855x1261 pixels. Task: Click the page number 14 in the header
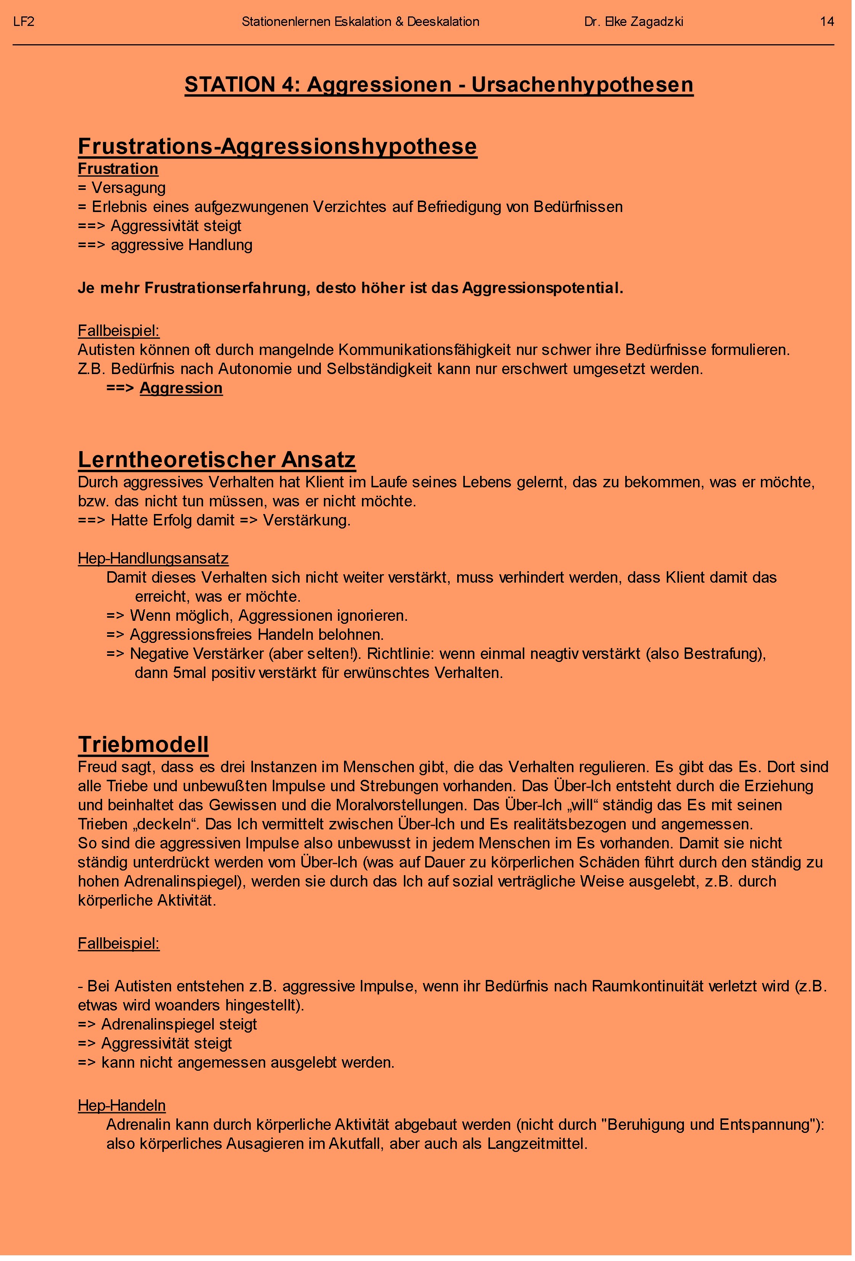tap(826, 22)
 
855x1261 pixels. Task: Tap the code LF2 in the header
tap(24, 22)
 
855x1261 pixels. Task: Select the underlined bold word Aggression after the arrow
tap(181, 388)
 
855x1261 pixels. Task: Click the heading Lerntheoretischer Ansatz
tap(216, 459)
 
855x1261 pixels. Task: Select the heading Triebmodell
tap(143, 744)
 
